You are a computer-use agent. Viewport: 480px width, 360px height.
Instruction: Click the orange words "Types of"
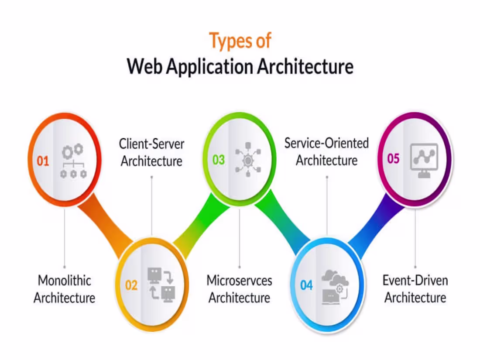coord(240,41)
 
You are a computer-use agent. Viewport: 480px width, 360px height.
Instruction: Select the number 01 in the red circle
coord(43,161)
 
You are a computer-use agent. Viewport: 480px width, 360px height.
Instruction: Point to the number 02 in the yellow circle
coord(131,285)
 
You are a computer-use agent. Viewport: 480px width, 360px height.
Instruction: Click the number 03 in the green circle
coord(219,160)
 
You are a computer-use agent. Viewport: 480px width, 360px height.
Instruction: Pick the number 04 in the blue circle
coord(306,285)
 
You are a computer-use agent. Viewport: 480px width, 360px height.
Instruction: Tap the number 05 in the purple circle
coord(393,158)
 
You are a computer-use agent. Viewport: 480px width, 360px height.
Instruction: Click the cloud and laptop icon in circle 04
coord(335,286)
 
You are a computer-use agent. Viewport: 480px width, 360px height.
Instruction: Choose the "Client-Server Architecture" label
coord(151,152)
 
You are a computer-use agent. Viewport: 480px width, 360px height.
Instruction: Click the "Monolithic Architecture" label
coord(65,289)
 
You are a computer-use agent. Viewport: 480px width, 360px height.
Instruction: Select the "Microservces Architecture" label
coord(239,289)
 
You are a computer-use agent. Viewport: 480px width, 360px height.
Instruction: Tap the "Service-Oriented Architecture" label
coord(326,151)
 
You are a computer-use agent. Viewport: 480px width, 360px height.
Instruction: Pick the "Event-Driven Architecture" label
coord(415,289)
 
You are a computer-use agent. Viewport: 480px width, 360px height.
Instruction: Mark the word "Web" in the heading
coord(145,67)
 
